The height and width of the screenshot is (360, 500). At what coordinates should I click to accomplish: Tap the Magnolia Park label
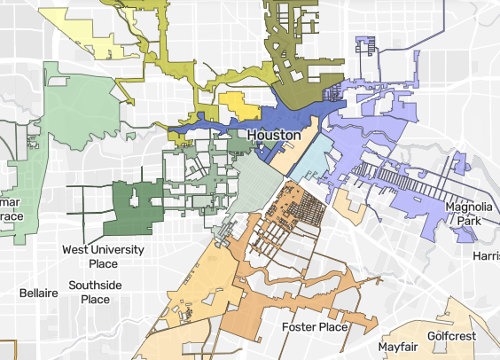[x=469, y=215]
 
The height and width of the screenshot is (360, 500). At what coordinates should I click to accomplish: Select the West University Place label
[x=103, y=257]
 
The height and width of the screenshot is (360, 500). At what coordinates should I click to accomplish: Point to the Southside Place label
[x=101, y=293]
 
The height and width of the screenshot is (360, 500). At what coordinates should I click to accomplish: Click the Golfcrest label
[x=451, y=336]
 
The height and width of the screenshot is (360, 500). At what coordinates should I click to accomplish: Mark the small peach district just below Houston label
[x=286, y=160]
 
